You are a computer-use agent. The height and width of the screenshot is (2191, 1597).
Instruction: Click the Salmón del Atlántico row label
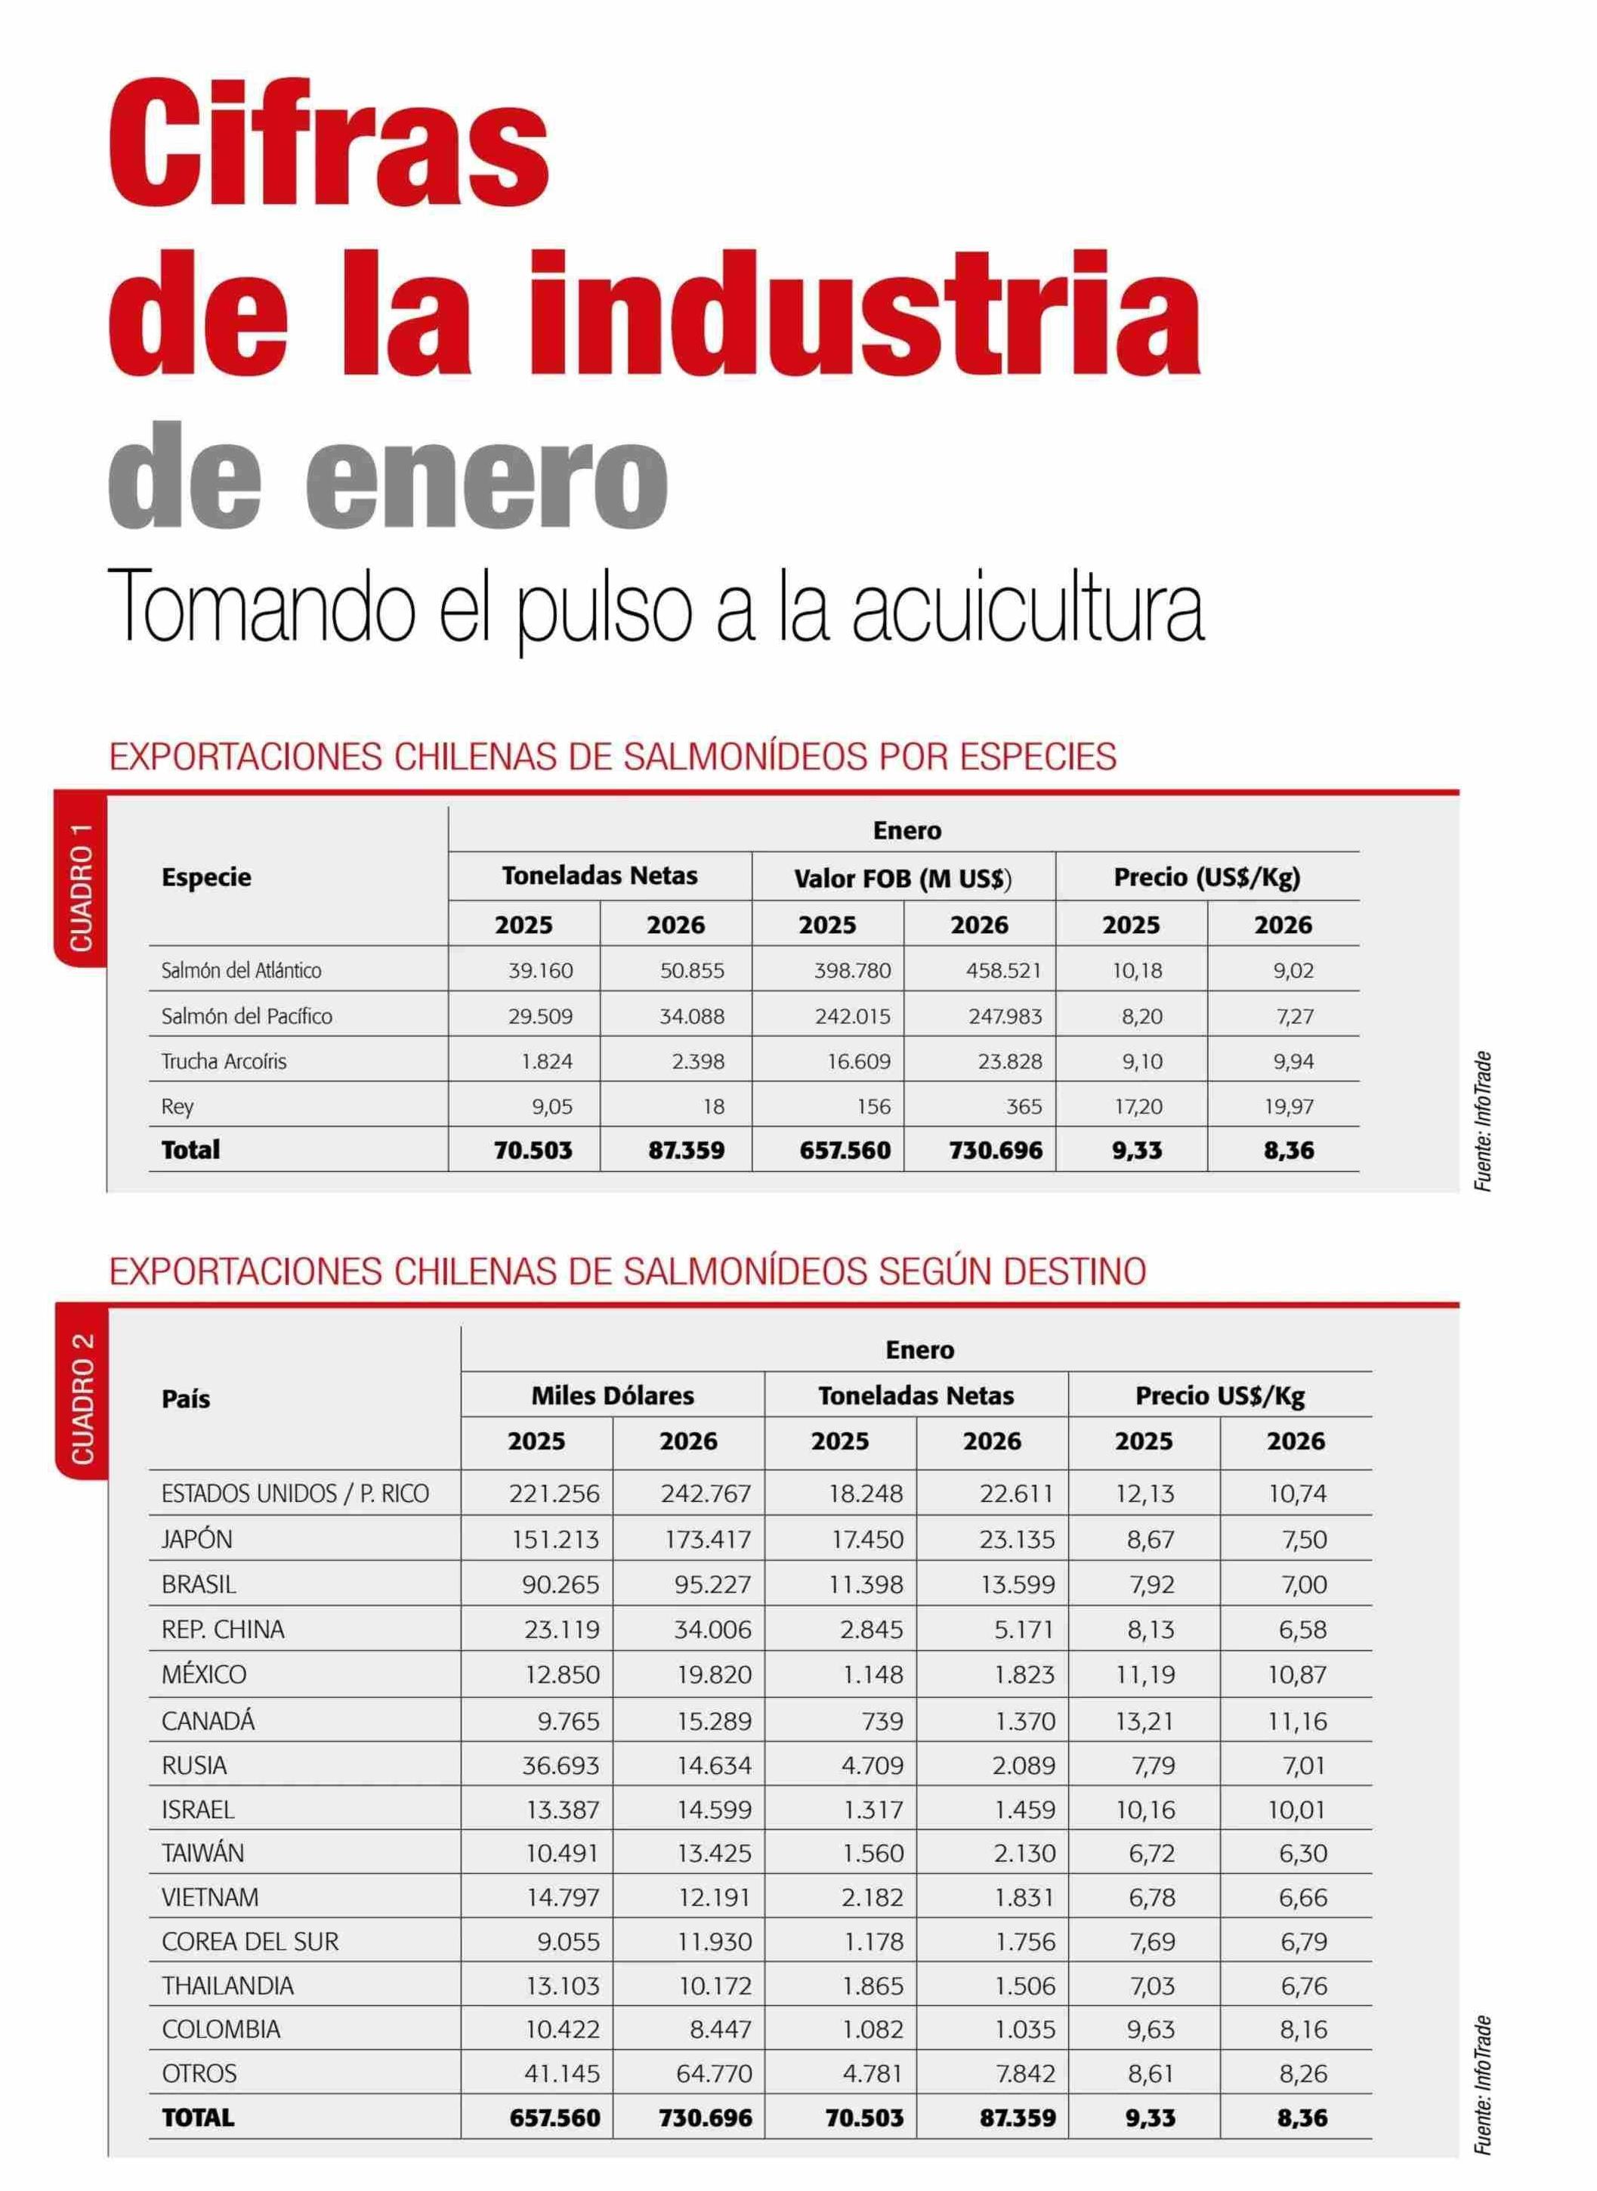(242, 970)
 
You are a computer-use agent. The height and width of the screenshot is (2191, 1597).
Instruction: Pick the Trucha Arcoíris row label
(224, 1061)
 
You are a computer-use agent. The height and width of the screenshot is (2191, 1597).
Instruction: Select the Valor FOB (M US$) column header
(903, 878)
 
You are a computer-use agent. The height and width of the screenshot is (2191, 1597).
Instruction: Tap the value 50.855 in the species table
(692, 970)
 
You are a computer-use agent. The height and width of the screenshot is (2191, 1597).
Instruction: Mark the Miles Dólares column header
(613, 1395)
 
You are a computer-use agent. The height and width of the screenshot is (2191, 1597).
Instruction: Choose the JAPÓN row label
(197, 1538)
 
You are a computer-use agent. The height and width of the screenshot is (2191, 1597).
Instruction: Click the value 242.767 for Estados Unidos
(706, 1494)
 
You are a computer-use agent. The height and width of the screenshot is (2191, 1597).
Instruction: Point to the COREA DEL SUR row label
(250, 1941)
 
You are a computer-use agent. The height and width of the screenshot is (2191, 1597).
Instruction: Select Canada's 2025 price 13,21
(1145, 1721)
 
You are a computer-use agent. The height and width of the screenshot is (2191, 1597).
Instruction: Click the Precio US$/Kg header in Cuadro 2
(1220, 1395)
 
